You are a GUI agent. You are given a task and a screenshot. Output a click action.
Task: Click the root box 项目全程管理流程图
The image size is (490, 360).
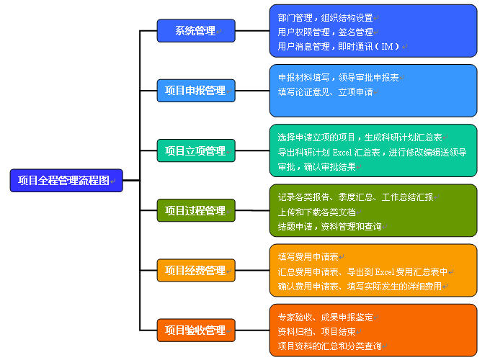tap(66, 181)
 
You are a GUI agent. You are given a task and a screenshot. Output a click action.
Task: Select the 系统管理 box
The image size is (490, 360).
tap(195, 31)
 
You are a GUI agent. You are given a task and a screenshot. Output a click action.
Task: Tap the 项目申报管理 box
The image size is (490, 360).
tap(195, 91)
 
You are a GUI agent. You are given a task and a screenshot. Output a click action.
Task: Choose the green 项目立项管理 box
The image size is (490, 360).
tap(195, 151)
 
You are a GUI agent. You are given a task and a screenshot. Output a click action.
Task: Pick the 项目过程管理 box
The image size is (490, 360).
tap(195, 211)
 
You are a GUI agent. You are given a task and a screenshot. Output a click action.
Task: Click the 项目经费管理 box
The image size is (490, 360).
tap(195, 271)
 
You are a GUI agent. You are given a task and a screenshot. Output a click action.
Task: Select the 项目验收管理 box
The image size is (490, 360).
tap(195, 330)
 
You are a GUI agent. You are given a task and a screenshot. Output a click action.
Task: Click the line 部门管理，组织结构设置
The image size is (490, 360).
tap(325, 17)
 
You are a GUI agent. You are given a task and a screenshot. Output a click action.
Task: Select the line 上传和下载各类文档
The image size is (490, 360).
tap(317, 212)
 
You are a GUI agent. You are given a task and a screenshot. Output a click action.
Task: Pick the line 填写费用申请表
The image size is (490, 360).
tap(308, 256)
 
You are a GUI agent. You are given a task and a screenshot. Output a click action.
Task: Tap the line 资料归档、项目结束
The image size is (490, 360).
tap(316, 332)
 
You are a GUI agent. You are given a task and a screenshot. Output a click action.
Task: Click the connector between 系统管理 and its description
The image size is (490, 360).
tap(252, 31)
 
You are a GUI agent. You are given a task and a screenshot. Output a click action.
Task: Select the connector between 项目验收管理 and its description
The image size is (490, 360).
tap(252, 330)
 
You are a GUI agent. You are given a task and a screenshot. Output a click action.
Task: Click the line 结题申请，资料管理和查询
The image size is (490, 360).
tap(329, 226)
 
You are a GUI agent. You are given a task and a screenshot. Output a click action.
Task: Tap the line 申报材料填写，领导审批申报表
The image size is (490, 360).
tap(338, 77)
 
